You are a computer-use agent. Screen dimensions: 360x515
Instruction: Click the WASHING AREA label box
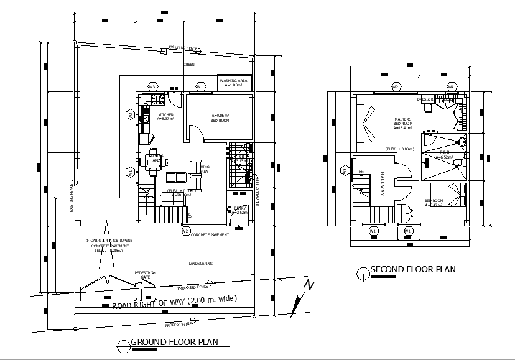coord(234,83)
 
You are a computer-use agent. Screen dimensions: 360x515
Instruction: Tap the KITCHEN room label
coord(165,116)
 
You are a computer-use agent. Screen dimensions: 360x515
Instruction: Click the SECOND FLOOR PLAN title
coord(413,269)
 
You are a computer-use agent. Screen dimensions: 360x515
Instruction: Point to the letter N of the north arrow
coord(309,285)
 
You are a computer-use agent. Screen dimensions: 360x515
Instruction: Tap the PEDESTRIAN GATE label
coord(145,275)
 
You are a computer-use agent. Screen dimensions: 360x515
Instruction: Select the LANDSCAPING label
coord(200,264)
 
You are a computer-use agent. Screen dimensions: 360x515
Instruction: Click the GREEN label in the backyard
coord(188,65)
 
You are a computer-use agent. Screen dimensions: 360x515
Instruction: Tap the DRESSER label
coord(425,99)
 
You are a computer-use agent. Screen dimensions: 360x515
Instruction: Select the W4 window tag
coord(451,86)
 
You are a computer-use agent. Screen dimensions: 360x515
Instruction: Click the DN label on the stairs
coord(361,172)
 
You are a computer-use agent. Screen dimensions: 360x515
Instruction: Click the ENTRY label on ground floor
coord(240,209)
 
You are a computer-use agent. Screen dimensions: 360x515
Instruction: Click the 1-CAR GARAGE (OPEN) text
coord(109,240)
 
